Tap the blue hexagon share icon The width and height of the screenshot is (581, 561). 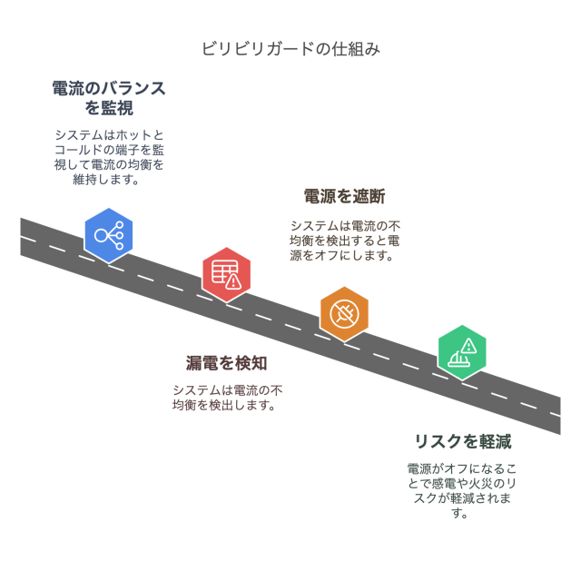[109, 236]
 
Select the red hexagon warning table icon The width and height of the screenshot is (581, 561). [226, 273]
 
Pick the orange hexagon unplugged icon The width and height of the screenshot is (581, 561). [344, 314]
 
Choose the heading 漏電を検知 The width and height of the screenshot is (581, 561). [226, 363]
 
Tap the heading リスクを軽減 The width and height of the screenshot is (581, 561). [462, 442]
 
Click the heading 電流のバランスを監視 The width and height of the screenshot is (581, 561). [109, 98]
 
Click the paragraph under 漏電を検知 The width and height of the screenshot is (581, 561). [226, 398]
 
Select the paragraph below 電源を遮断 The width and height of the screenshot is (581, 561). [344, 241]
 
